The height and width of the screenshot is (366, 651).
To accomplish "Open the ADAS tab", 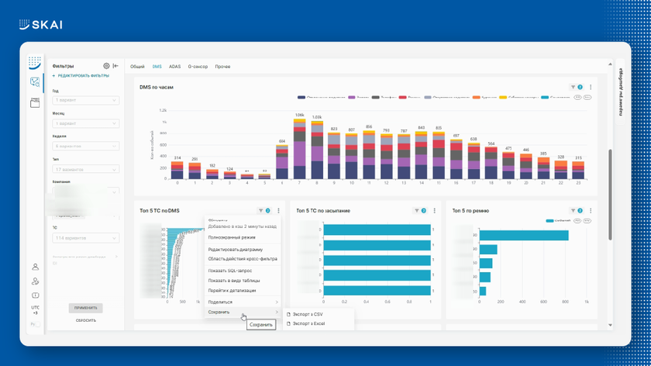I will coord(174,67).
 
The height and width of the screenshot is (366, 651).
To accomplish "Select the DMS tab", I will coord(157,67).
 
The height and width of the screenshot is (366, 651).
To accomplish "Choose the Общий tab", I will coord(137,67).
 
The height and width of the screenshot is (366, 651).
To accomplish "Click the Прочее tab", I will coord(222,67).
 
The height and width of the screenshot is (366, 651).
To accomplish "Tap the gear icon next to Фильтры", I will coord(107,67).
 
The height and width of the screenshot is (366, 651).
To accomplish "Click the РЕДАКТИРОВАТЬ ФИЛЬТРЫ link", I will coord(82,76).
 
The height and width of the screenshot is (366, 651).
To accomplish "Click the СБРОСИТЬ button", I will coord(86,320).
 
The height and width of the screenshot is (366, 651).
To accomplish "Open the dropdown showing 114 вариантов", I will coord(85,238).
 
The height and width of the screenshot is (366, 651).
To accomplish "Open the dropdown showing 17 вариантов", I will coord(85,169).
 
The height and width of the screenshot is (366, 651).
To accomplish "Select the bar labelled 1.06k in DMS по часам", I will coord(299,147).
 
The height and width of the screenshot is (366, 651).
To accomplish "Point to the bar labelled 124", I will coord(229,175).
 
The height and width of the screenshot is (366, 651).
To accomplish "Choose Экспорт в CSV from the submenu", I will coord(309,314).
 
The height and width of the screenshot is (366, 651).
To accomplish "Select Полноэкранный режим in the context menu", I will coord(232,237).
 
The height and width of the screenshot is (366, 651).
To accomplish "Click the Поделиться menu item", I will coord(221,302).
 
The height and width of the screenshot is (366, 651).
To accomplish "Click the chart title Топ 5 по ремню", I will coord(470,210).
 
